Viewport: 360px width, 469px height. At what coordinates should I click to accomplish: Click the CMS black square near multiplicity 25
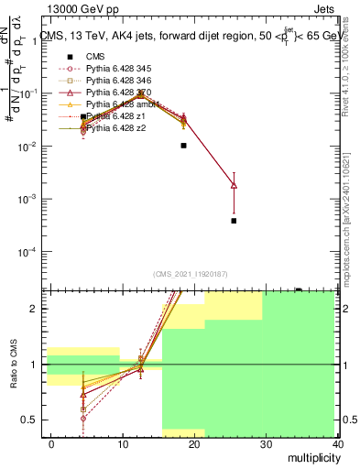coord(234,221)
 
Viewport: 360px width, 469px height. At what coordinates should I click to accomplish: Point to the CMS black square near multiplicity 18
coord(184,145)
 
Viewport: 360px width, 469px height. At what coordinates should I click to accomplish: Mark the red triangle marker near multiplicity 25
coord(234,185)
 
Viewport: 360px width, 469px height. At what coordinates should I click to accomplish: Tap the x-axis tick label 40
coord(338,442)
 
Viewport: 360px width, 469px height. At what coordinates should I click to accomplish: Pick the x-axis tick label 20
coord(194,442)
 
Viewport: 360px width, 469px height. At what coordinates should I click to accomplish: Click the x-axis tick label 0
coord(51,442)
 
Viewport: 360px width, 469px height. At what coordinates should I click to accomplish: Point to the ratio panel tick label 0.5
coord(29,420)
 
